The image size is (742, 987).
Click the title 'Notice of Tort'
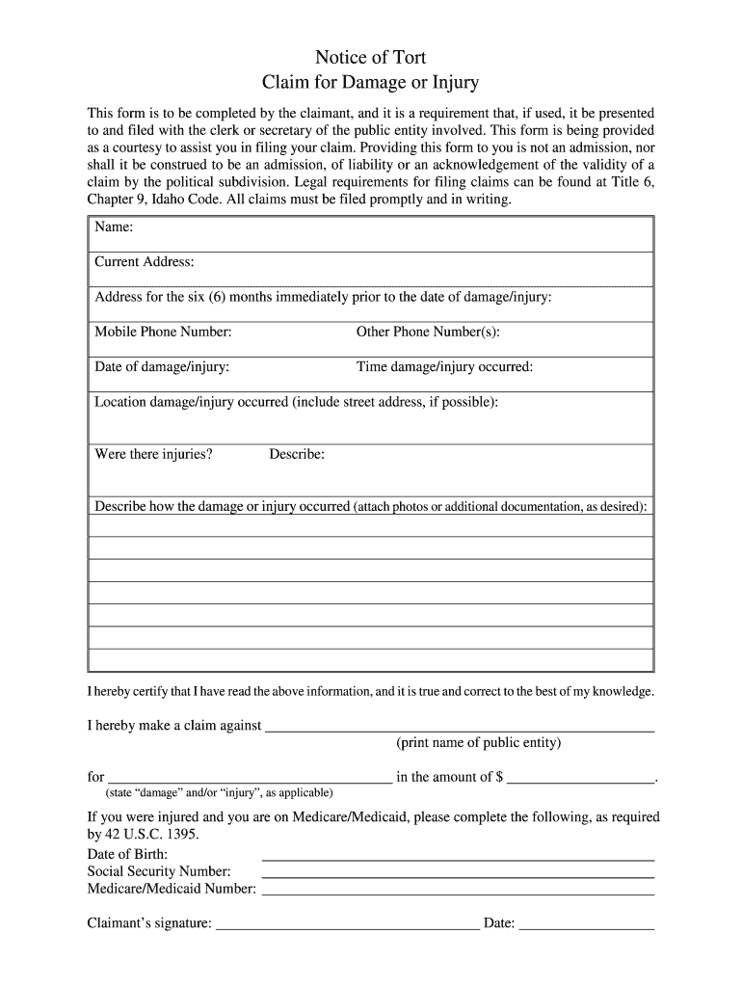click(x=371, y=58)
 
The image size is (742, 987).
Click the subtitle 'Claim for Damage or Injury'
click(x=371, y=82)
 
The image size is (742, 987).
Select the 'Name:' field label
click(x=114, y=227)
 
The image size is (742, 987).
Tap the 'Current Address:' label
click(x=145, y=262)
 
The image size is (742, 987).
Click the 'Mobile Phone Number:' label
click(x=163, y=332)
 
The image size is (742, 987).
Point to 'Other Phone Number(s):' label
click(x=428, y=332)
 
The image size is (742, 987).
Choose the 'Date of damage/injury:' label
click(x=162, y=366)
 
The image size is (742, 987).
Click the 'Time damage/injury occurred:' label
click(x=444, y=366)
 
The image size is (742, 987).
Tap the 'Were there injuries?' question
click(x=153, y=454)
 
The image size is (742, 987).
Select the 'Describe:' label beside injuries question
click(x=297, y=454)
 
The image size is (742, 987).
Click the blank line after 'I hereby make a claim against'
click(x=460, y=729)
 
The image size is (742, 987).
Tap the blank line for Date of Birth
click(x=458, y=857)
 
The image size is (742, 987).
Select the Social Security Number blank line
click(x=458, y=874)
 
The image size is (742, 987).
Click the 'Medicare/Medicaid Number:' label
click(x=172, y=889)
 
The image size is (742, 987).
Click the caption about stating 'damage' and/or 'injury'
click(x=219, y=793)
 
